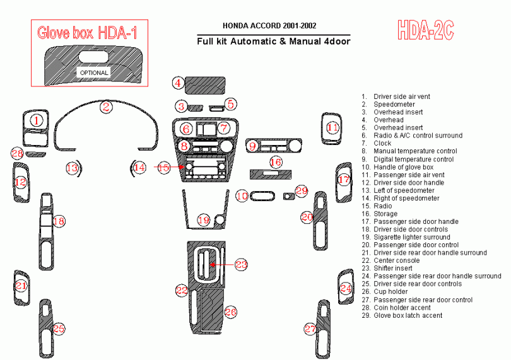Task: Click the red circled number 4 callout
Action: [179, 83]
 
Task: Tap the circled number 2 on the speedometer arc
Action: [107, 107]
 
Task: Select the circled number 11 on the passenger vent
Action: [332, 128]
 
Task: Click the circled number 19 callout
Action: [203, 220]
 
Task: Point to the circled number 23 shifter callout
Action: [241, 264]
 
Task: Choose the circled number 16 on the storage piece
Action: [276, 162]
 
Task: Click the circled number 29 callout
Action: [301, 190]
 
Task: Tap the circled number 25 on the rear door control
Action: [59, 328]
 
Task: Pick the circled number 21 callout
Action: [22, 286]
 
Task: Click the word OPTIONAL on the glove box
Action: [93, 73]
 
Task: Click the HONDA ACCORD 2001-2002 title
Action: [269, 26]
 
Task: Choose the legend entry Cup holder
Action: [391, 292]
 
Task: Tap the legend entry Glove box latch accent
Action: [408, 315]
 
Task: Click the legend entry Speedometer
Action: [394, 105]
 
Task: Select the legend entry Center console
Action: [396, 260]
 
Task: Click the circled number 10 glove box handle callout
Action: [242, 196]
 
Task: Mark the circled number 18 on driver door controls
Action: [59, 221]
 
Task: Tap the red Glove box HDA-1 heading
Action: [87, 33]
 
